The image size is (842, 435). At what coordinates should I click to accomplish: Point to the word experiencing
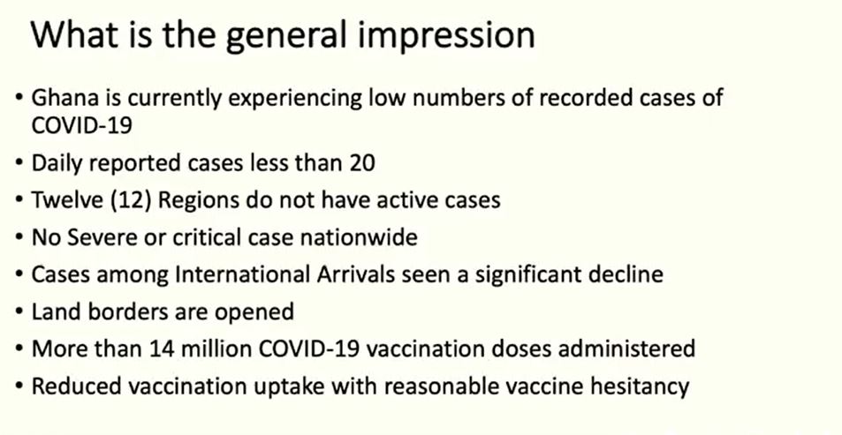[291, 99]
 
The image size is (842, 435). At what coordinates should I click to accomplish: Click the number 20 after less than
[362, 163]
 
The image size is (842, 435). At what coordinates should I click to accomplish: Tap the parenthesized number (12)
[131, 200]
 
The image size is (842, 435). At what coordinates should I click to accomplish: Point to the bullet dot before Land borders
[19, 312]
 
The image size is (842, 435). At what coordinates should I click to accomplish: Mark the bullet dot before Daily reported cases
[19, 163]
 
